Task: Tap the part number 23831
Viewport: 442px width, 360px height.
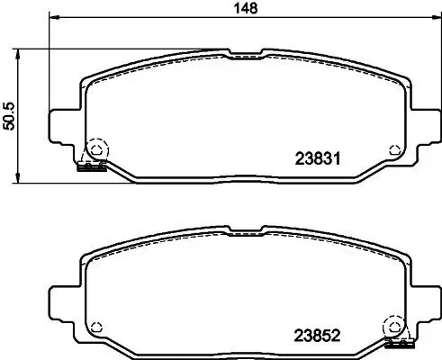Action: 316,158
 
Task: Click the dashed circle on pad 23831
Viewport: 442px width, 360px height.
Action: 95,149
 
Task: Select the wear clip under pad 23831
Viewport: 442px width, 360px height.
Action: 92,166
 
